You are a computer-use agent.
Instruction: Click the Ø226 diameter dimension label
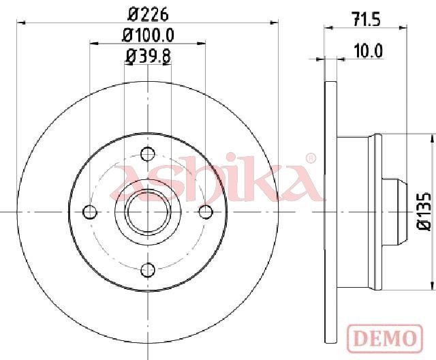click(x=148, y=14)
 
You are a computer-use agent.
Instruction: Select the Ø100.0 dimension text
click(x=148, y=35)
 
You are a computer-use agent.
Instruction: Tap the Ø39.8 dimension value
click(x=148, y=56)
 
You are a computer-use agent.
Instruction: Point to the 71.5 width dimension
click(x=366, y=20)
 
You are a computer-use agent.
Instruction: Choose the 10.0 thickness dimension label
click(x=369, y=51)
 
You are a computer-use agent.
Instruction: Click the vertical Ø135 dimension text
click(x=424, y=211)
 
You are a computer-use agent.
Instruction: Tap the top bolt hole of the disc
click(x=148, y=154)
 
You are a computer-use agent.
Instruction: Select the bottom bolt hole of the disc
click(x=148, y=270)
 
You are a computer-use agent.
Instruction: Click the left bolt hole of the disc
click(x=90, y=212)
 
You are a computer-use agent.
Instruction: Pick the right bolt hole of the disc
click(x=206, y=212)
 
